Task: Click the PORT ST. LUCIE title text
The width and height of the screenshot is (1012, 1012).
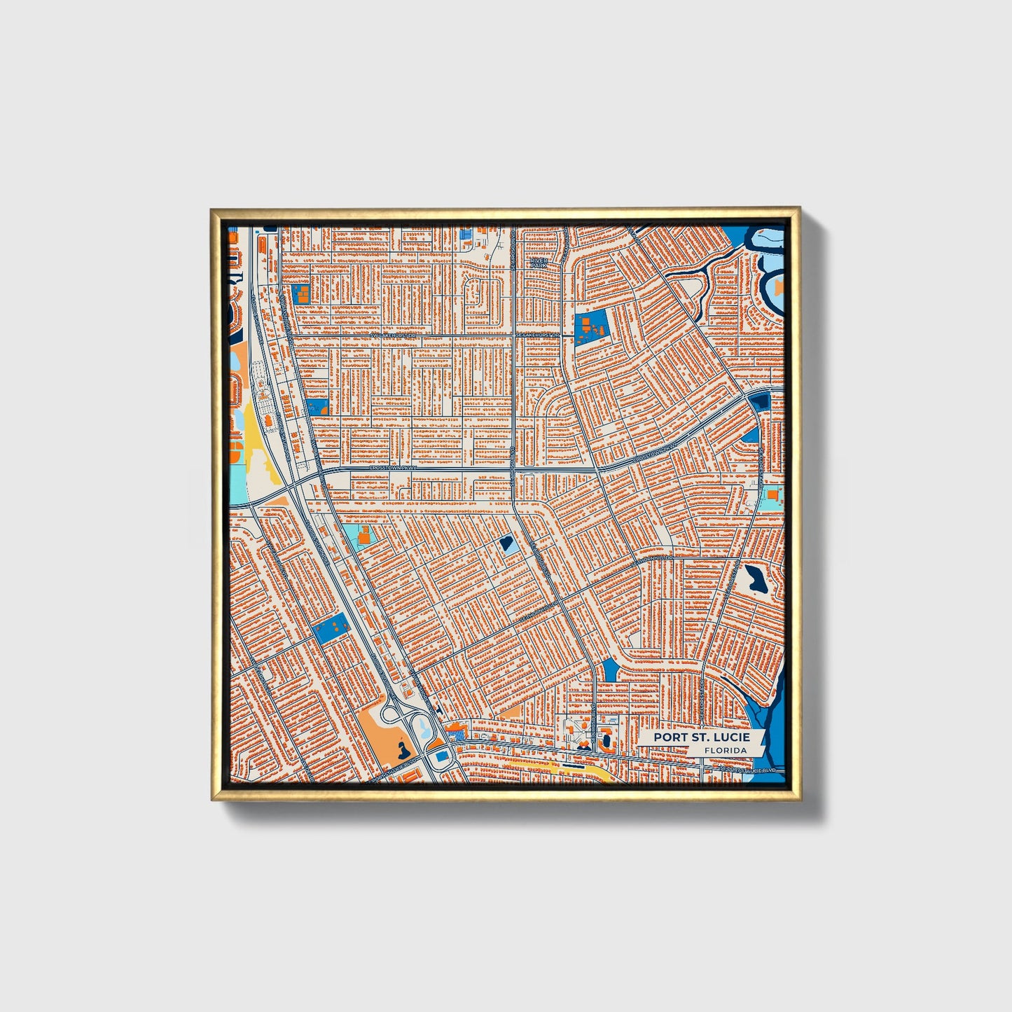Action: (701, 737)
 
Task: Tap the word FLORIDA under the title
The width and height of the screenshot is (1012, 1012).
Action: (726, 750)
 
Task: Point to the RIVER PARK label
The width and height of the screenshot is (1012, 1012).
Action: (538, 263)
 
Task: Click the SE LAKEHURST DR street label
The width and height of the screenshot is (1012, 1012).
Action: (538, 335)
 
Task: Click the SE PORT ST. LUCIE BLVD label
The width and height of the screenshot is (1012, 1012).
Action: (749, 770)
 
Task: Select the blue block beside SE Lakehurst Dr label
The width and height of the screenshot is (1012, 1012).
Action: (590, 328)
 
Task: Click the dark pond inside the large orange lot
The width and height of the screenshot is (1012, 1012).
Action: (401, 751)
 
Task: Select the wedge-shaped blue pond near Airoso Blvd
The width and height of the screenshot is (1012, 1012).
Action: (610, 670)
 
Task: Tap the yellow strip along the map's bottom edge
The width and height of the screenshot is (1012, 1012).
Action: (581, 768)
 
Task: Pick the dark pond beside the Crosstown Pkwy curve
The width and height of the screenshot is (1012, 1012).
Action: (759, 401)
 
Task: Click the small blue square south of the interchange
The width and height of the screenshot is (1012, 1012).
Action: (442, 757)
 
